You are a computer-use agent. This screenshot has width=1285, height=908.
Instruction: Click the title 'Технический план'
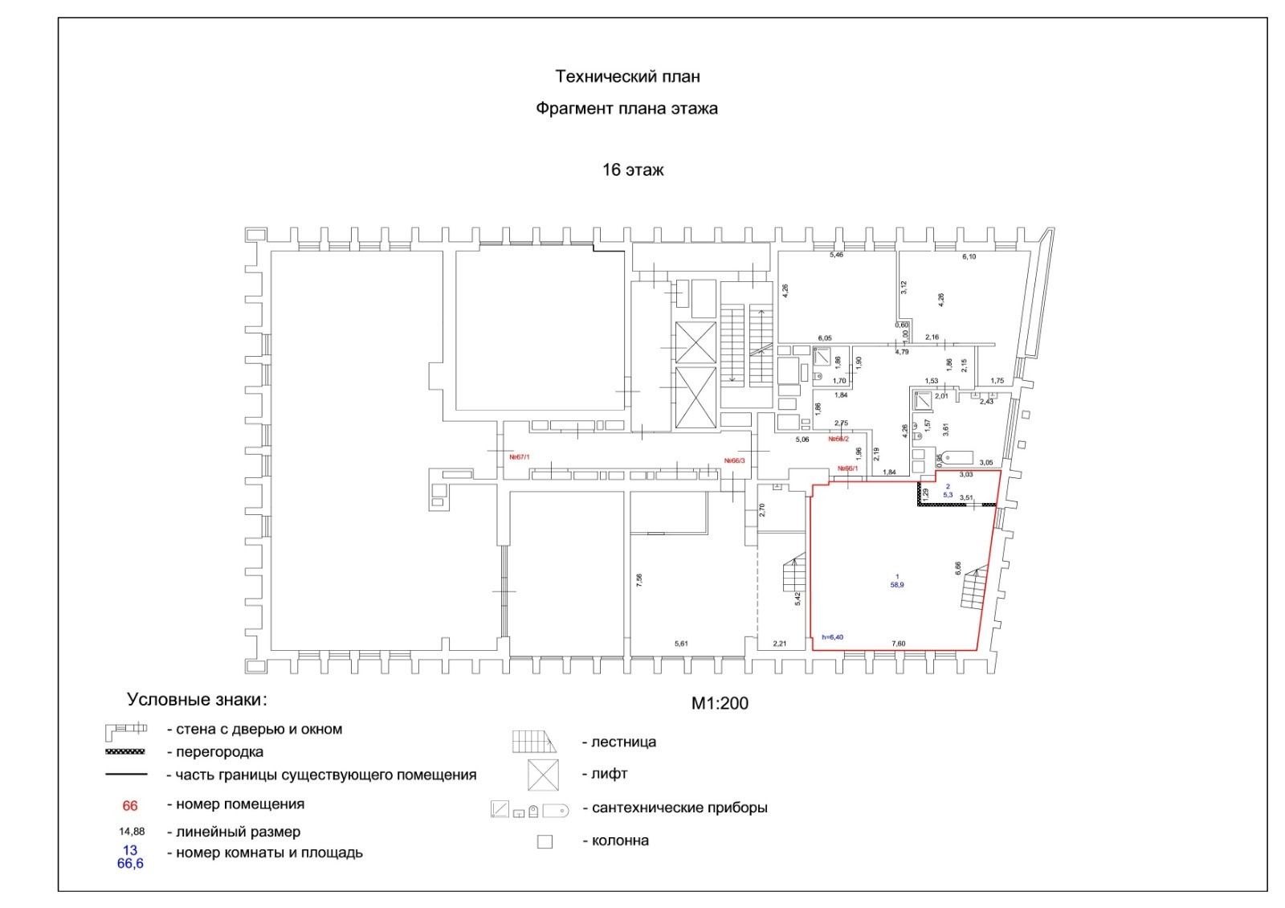(627, 76)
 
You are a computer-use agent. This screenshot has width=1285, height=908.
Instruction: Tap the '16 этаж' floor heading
(633, 170)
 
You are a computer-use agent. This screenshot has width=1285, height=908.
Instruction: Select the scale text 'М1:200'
(720, 703)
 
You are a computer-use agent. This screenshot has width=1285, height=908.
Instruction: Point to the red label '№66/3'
(734, 460)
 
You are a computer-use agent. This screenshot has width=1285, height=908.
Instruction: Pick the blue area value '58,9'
(896, 585)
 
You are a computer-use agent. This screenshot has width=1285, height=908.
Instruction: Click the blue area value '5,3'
(948, 495)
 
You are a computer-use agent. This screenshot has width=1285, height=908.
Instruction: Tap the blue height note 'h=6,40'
(832, 637)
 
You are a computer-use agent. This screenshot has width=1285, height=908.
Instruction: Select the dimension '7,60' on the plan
(899, 644)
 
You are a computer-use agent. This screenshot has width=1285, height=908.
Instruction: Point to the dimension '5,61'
(681, 644)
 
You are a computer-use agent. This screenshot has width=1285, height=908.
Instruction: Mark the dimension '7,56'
(639, 580)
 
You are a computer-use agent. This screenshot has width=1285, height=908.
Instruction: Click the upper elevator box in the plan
(695, 342)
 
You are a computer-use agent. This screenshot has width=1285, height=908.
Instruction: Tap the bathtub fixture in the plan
(955, 458)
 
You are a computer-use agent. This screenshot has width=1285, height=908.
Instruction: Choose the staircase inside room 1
(973, 588)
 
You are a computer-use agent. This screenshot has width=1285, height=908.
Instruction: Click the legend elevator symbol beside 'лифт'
(543, 775)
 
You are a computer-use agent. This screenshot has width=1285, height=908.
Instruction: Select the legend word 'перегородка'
(219, 753)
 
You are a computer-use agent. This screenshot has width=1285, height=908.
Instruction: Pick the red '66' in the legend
(129, 805)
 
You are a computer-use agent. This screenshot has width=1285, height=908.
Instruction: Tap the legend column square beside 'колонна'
(545, 842)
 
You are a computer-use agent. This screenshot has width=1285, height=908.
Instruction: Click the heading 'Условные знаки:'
(197, 700)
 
